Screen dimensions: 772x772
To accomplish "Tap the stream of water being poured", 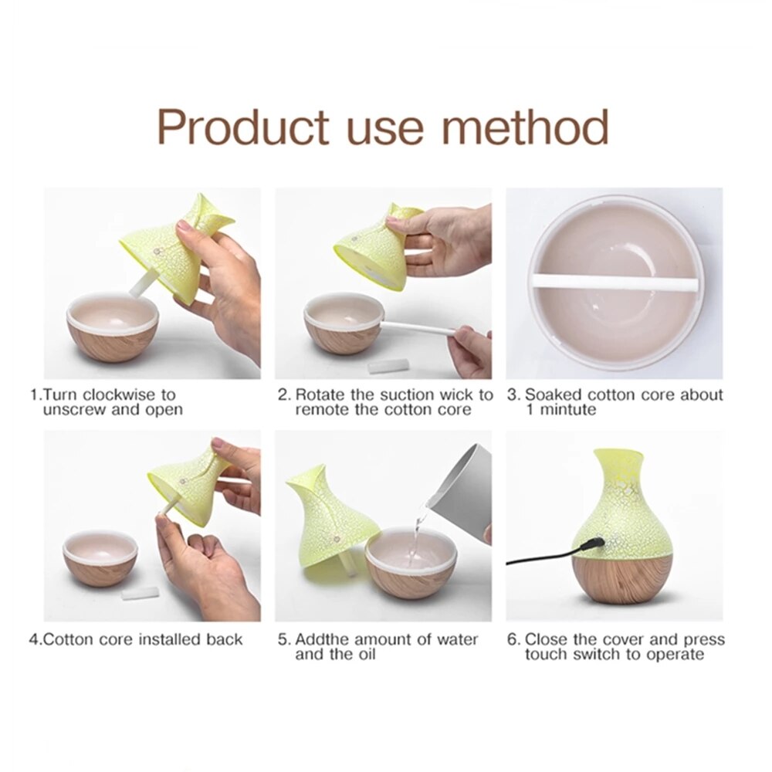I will [x=418, y=525].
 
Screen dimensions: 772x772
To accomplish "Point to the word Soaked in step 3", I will [x=554, y=395].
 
